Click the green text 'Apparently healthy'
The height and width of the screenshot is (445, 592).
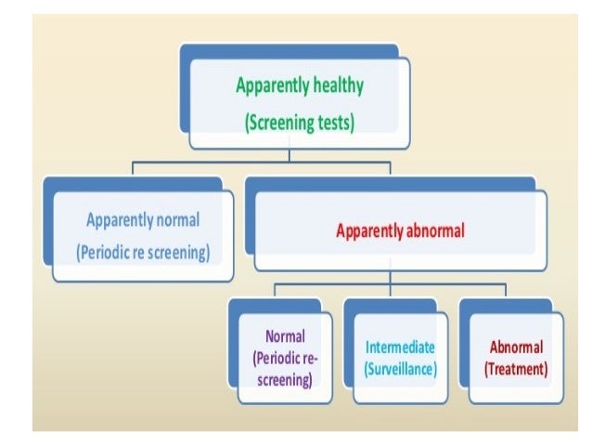299,86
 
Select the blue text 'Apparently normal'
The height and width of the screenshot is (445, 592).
142,221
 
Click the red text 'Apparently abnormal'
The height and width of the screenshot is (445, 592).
400,231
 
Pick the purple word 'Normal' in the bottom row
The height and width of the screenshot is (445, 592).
285,336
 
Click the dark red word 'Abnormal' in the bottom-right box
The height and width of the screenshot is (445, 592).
515,347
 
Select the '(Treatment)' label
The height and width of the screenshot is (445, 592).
515,369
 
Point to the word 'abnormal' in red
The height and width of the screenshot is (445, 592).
434,231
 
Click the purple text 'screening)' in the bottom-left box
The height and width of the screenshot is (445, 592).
285,378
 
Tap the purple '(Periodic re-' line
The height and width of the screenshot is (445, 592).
285,358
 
